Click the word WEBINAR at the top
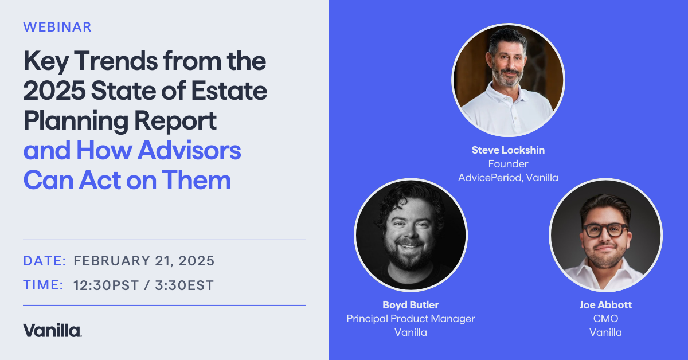[x=57, y=27]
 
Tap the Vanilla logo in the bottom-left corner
[x=52, y=330]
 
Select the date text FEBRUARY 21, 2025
[x=144, y=261]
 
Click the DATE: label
[x=45, y=261]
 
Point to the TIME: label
[x=44, y=285]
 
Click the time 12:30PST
[x=106, y=285]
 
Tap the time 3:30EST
[x=184, y=285]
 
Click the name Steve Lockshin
[x=508, y=150]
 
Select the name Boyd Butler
[x=411, y=305]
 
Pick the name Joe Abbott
[x=605, y=305]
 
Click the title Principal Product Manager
[x=411, y=319]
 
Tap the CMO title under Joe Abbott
[x=605, y=319]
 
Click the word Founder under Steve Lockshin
[x=508, y=164]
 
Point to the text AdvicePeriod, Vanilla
[x=508, y=178]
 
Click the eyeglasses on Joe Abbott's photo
[x=605, y=230]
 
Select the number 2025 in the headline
[x=54, y=91]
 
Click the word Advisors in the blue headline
[x=189, y=151]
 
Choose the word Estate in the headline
[x=229, y=91]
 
